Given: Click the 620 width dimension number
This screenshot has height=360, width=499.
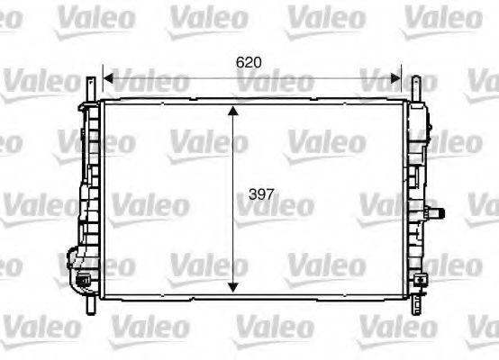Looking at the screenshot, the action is [x=249, y=62].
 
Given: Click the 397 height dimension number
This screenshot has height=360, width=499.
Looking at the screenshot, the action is [x=261, y=194].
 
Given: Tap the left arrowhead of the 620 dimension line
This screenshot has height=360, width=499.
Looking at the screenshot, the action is [x=108, y=78].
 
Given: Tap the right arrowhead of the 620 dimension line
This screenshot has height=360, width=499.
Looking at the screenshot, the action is [x=395, y=78].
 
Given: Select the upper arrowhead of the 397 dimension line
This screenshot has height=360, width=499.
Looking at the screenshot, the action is [x=233, y=111].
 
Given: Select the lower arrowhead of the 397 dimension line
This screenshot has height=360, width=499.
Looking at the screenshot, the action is [x=233, y=288].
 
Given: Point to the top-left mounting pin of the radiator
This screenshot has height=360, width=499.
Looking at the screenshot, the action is [x=91, y=90].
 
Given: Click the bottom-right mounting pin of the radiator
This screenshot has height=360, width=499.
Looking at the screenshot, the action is [x=416, y=305].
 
